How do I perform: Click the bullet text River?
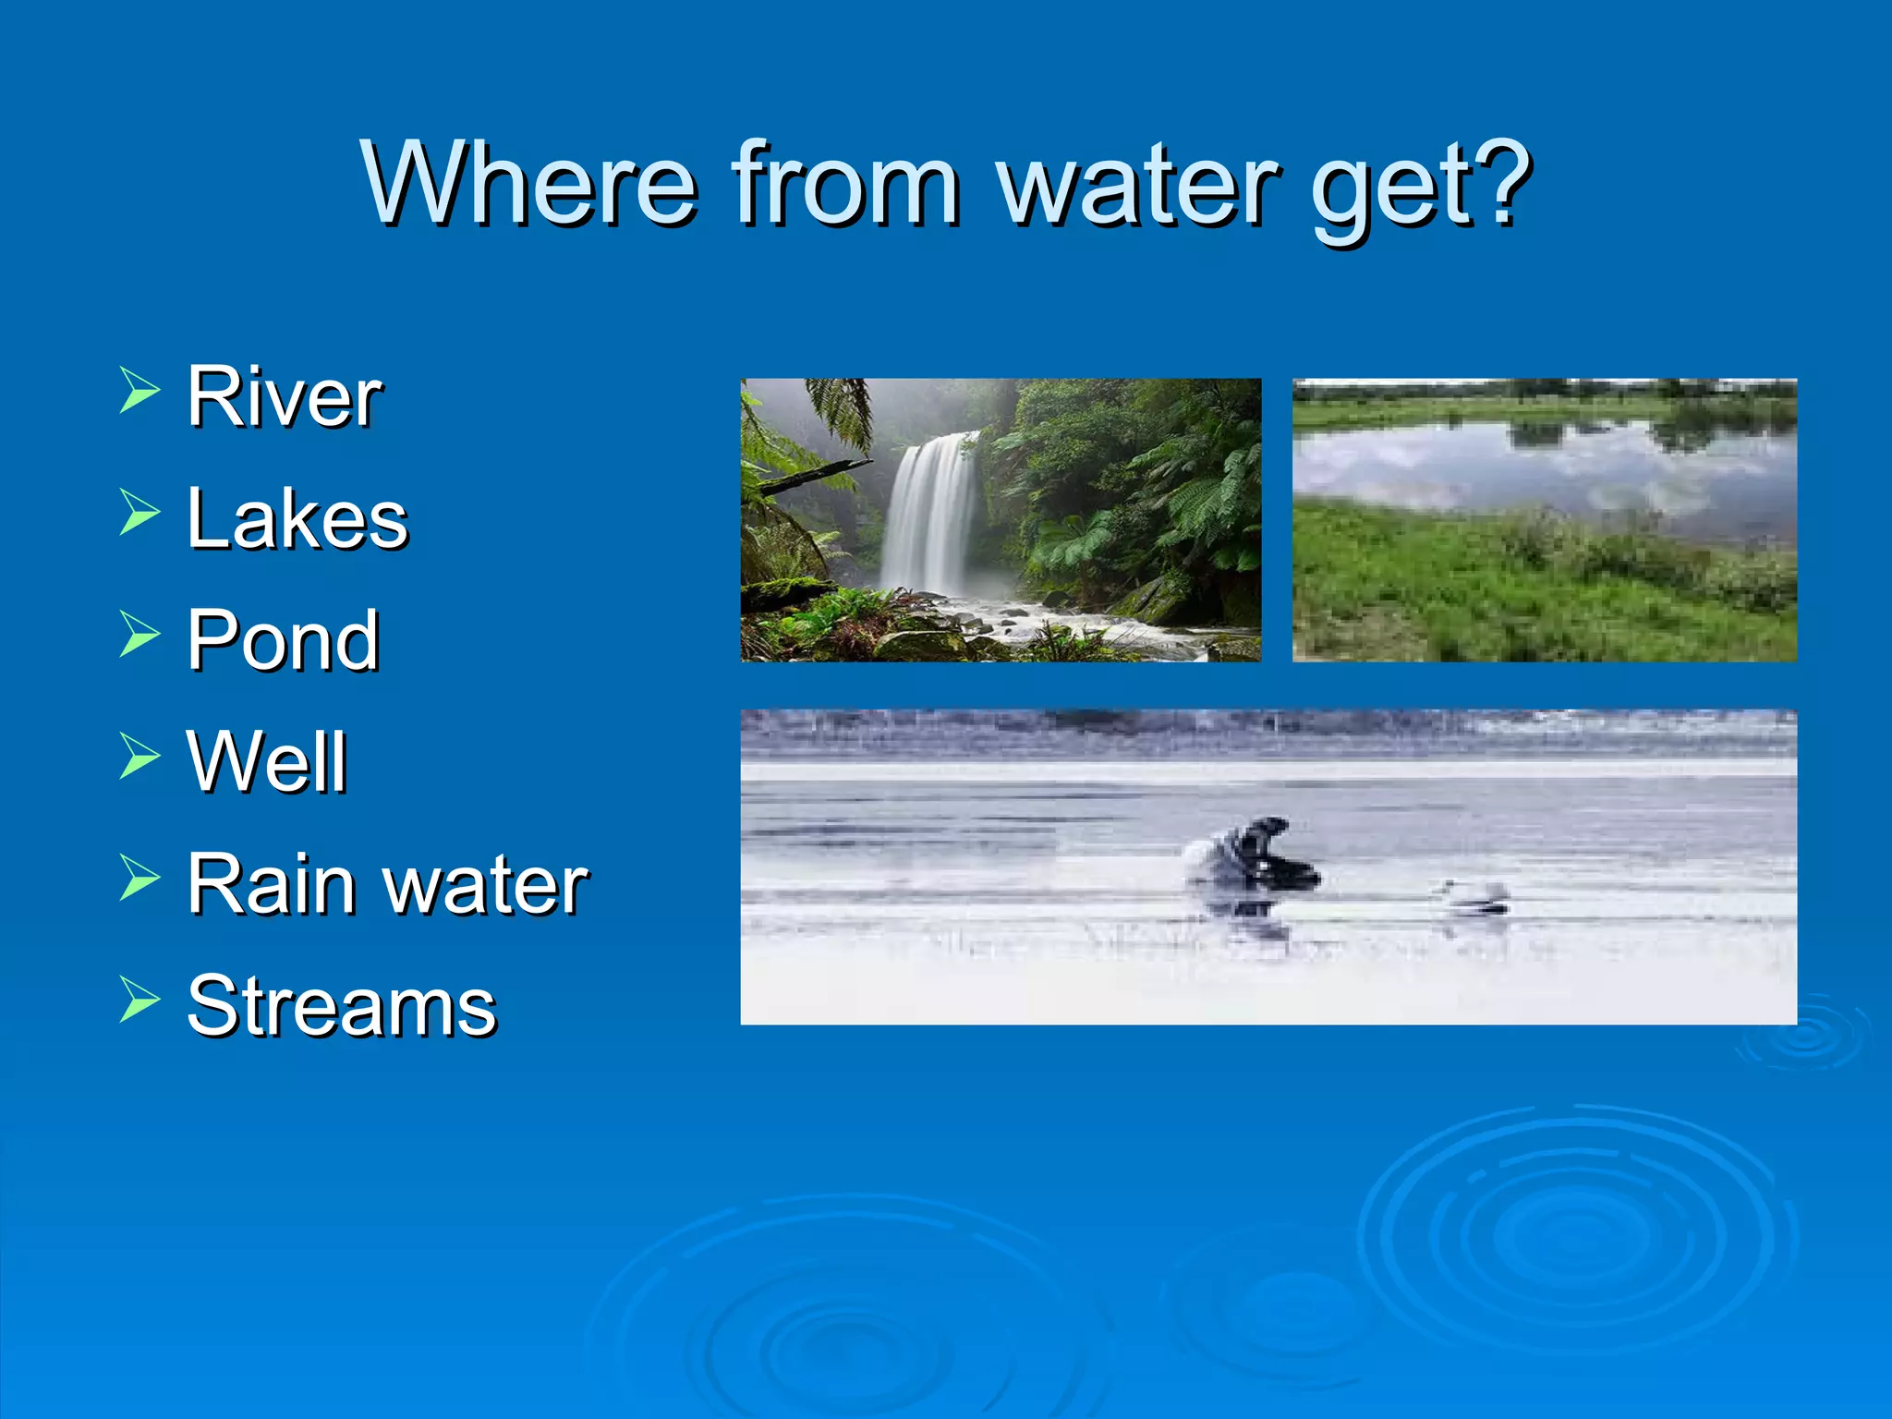(284, 397)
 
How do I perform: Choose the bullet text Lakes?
(297, 519)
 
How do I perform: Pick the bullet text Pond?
(283, 640)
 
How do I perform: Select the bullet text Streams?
(341, 1006)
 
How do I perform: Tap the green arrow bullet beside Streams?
(139, 1001)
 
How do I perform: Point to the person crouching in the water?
(1252, 855)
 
